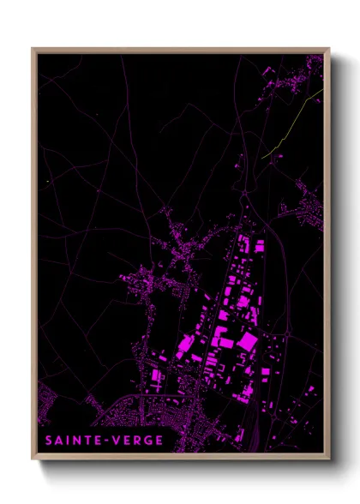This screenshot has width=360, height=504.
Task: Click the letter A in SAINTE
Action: pyautogui.click(x=59, y=440)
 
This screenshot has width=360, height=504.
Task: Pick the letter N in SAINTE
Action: pyautogui.click(x=75, y=440)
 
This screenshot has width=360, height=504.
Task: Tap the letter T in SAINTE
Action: pyautogui.click(x=86, y=440)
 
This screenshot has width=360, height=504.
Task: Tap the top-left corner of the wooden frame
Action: pyautogui.click(x=33, y=49)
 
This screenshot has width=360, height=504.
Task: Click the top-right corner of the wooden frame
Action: pyautogui.click(x=328, y=49)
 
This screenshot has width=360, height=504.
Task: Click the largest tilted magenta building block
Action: pyautogui.click(x=247, y=342)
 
